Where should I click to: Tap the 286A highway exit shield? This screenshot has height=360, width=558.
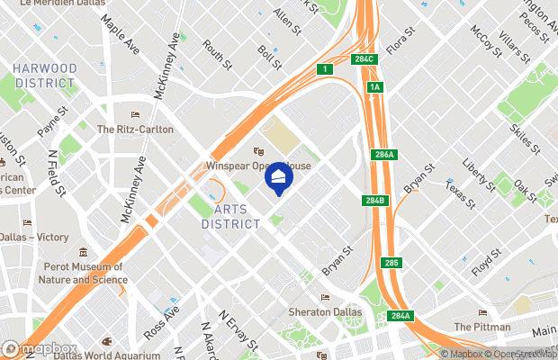pos(383,155)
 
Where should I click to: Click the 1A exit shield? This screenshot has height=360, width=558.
pos(375,86)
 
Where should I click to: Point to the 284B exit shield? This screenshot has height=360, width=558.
pos(375,200)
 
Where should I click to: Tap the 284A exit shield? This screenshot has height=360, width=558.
pos(400,315)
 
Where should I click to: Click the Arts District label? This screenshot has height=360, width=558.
pos(231,216)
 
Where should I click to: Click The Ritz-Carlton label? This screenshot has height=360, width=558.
pos(135,130)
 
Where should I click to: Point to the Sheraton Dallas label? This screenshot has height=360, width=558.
pos(326,312)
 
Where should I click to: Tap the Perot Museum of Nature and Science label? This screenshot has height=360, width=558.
pos(81,273)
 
